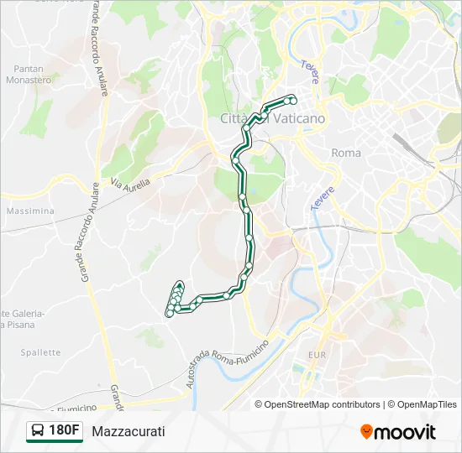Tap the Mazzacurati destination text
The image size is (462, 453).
(129, 431)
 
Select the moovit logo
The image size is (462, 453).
(398, 432)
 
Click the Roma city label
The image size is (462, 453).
(346, 153)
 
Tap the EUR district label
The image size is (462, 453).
(317, 356)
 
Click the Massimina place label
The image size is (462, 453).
(29, 211)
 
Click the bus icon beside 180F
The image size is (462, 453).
(38, 431)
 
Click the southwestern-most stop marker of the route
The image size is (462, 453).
(169, 314)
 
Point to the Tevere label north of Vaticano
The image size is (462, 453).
(311, 72)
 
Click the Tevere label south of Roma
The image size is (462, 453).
(323, 198)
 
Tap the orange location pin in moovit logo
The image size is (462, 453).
(366, 432)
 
